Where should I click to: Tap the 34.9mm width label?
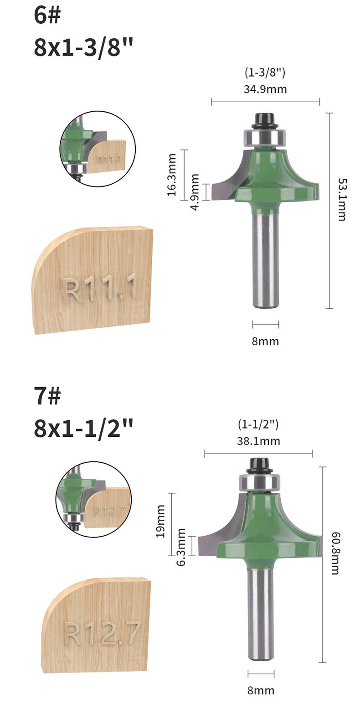(x=265, y=89)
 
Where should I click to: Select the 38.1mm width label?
(x=258, y=441)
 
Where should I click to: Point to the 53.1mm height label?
(x=342, y=200)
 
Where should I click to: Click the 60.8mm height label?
(x=335, y=553)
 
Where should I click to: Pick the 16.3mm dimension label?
(x=172, y=175)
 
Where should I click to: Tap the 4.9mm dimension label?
(x=195, y=192)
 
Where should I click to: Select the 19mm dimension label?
(x=160, y=521)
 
